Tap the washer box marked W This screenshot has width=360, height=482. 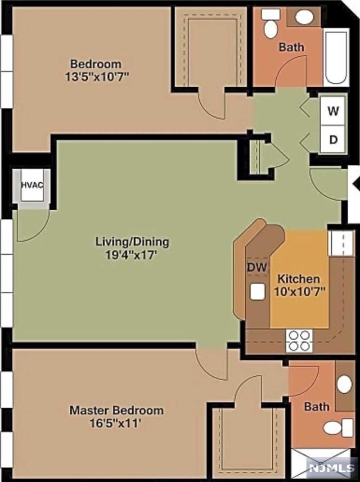(334, 111)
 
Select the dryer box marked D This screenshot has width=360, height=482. (334, 139)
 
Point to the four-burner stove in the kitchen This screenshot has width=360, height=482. (299, 340)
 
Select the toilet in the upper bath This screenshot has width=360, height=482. (271, 25)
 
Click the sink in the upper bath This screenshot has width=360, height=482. (304, 17)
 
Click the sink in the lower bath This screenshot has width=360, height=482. (344, 384)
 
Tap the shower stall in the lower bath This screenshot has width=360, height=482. (315, 464)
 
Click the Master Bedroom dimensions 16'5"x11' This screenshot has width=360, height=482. (116, 424)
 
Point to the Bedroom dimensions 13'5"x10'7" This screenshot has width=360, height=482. (97, 77)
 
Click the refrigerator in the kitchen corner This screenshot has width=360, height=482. (341, 242)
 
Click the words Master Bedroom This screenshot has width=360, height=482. (116, 410)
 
